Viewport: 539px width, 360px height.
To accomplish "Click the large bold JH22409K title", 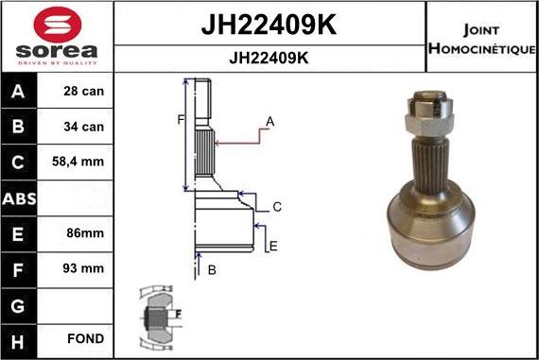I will tap(269, 23).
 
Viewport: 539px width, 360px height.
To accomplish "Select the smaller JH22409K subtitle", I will tap(269, 57).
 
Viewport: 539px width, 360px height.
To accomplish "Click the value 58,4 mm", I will tap(79, 163).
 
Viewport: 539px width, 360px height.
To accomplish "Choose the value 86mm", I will tap(79, 232).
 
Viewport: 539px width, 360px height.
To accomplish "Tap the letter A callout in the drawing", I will tap(269, 121).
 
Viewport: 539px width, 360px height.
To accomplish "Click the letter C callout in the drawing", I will tap(277, 207).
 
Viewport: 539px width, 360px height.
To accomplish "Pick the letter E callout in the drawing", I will tap(272, 247).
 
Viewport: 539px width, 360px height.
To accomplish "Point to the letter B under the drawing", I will tap(212, 270).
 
